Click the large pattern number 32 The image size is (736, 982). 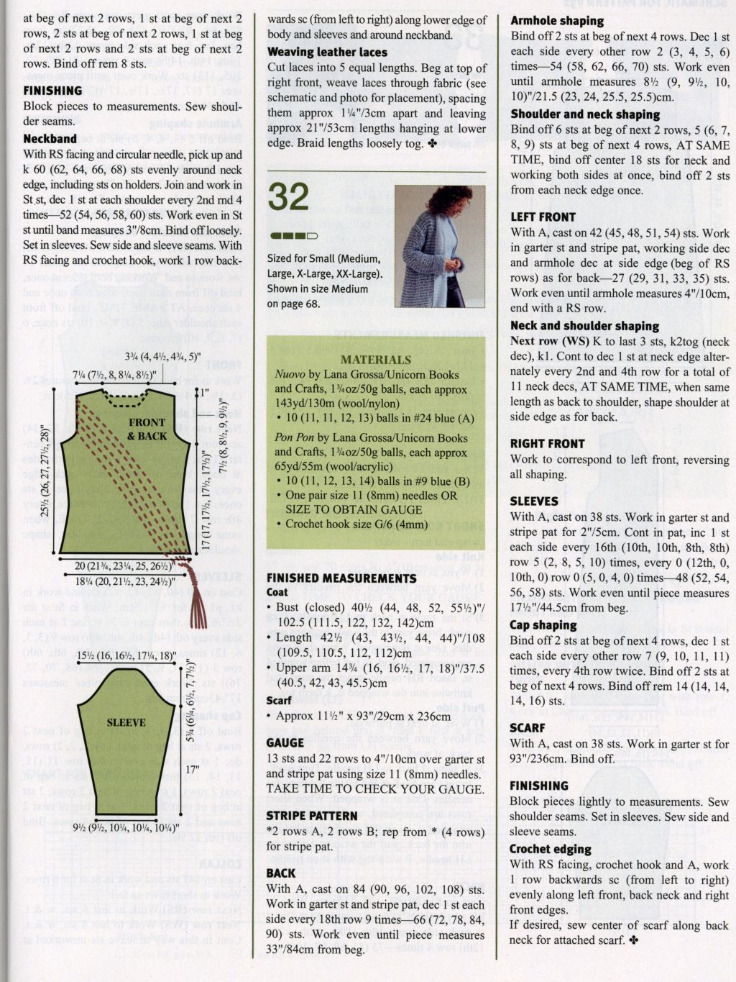pos(289,196)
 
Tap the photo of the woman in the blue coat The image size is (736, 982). pos(439,245)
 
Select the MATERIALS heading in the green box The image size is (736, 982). pos(375,360)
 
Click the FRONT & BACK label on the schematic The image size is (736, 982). pos(147,429)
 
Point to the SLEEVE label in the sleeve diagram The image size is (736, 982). pos(126,722)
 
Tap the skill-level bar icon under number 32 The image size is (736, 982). pos(293,235)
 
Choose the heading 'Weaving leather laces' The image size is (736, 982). pos(327,52)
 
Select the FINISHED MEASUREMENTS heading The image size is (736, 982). pos(341,578)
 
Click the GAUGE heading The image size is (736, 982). pos(285,742)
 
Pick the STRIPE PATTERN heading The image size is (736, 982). pos(311,816)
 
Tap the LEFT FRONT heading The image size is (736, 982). pos(543,217)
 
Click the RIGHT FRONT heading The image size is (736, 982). pos(547,443)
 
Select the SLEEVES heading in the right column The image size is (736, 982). pos(534,501)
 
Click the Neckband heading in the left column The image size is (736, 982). pos(50,138)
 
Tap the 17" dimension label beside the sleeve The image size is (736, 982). pos(192,770)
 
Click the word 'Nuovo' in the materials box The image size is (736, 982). pos(290,374)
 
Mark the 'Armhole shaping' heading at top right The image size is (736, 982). pos(557,21)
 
